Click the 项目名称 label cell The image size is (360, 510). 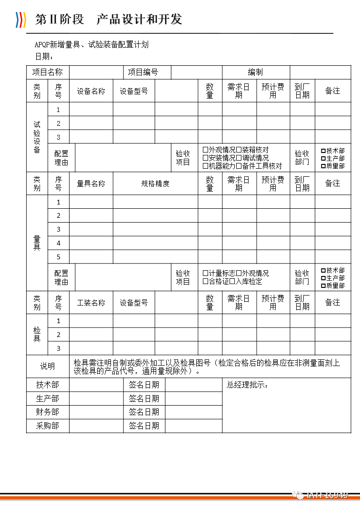pyautogui.click(x=48, y=72)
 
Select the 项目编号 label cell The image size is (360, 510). pyautogui.click(x=143, y=72)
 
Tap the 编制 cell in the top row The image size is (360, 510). pyautogui.click(x=255, y=72)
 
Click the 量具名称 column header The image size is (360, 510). pyautogui.click(x=91, y=184)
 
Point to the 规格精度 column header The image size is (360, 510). pyautogui.click(x=155, y=184)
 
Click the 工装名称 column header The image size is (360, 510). pyautogui.click(x=91, y=303)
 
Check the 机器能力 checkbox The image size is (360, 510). pyautogui.click(x=206, y=166)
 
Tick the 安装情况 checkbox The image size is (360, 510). pyautogui.click(x=206, y=158)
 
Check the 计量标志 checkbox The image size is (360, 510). pyautogui.click(x=206, y=273)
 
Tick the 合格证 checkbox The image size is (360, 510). pyautogui.click(x=206, y=281)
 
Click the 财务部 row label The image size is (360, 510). pyautogui.click(x=48, y=412)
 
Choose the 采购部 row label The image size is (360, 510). pyautogui.click(x=48, y=426)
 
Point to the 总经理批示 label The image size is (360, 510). pyautogui.click(x=247, y=385)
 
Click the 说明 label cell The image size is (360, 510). pyautogui.click(x=48, y=367)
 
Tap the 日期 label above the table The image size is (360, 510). pyautogui.click(x=44, y=57)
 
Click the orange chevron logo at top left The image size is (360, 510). pyautogui.click(x=20, y=19)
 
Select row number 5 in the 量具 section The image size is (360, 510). pyautogui.click(x=59, y=257)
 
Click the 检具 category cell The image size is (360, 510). pyautogui.click(x=37, y=334)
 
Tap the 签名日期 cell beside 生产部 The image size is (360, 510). pyautogui.click(x=144, y=398)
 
